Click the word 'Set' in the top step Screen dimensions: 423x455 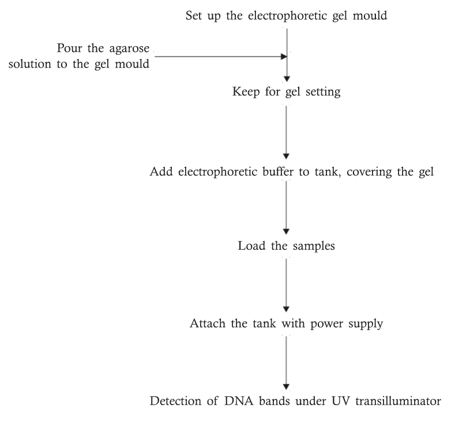point(194,15)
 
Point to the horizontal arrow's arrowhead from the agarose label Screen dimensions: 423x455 point(283,57)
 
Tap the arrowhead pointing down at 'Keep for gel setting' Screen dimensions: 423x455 point(287,79)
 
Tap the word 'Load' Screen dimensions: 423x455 point(249,246)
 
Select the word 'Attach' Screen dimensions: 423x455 point(206,322)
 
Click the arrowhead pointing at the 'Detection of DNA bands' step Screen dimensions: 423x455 point(287,386)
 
